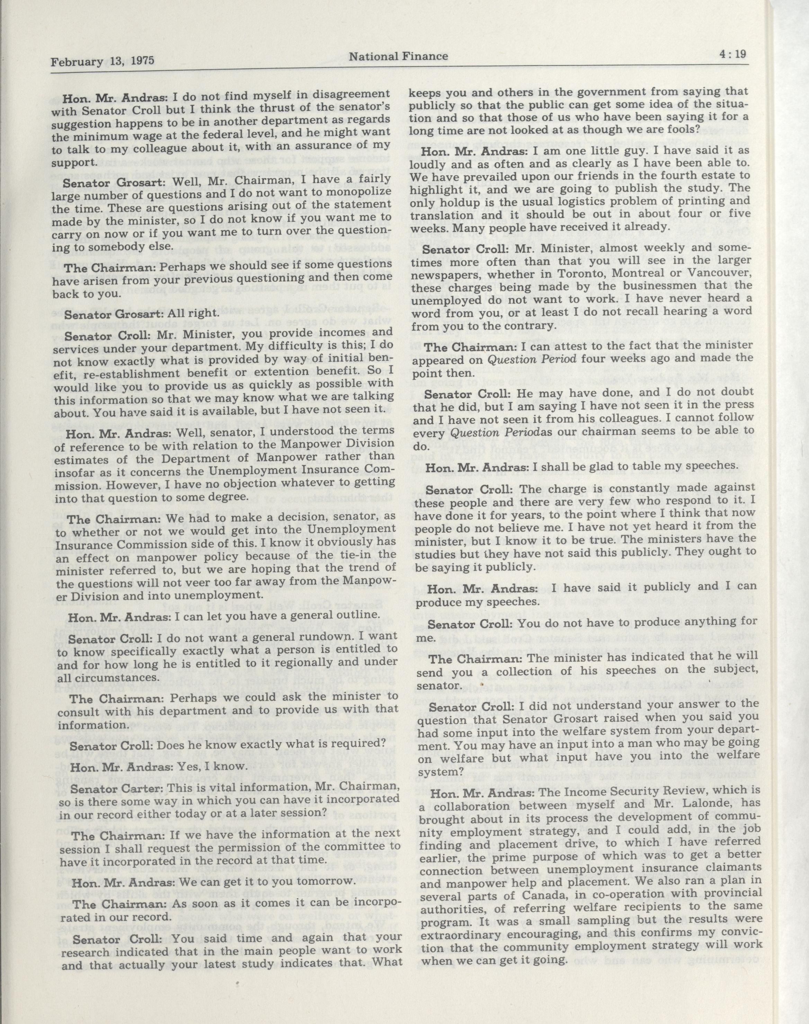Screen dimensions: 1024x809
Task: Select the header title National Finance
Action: [398, 56]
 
